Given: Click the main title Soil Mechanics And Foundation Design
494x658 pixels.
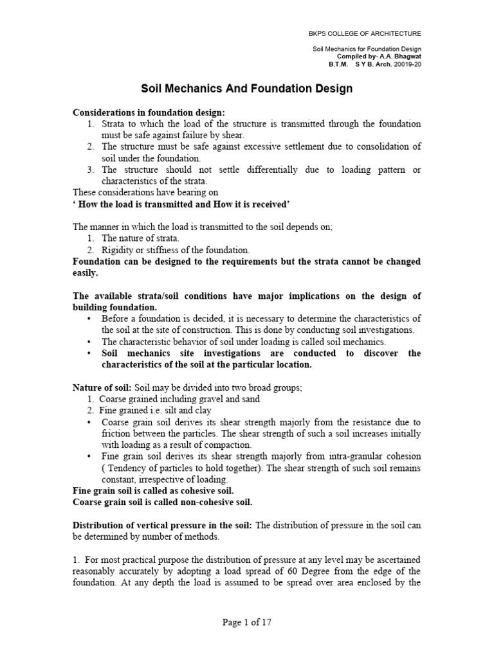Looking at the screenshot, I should click(247, 89).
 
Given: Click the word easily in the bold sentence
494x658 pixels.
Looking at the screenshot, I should click(86, 272).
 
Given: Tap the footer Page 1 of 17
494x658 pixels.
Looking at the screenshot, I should click(247, 622).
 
